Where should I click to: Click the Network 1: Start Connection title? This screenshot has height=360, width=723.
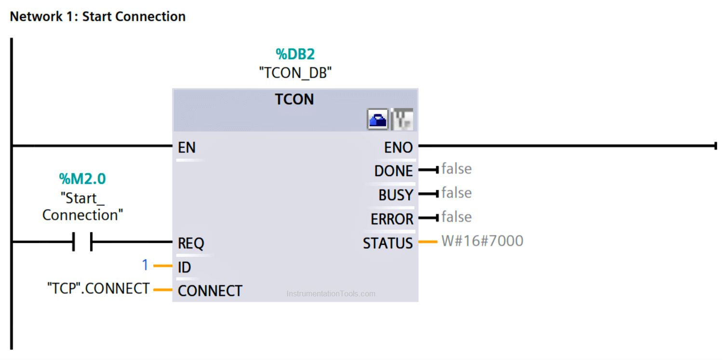tap(98, 16)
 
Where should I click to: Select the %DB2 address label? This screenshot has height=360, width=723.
tap(295, 54)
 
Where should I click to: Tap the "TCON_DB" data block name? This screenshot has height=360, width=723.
tap(295, 73)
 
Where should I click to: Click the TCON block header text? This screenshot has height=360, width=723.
tap(295, 99)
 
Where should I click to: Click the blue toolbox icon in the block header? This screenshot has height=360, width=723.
tap(377, 120)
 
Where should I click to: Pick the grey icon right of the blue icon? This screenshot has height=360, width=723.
tap(402, 120)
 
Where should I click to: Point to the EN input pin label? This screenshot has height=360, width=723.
tap(187, 147)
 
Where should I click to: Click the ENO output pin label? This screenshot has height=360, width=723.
tap(398, 147)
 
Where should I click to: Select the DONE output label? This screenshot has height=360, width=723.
tap(393, 171)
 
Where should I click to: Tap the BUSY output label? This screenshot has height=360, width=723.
tap(396, 195)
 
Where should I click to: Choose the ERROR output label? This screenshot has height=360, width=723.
tap(392, 219)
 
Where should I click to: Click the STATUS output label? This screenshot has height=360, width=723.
tap(388, 243)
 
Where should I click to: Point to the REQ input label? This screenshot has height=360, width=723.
tap(191, 243)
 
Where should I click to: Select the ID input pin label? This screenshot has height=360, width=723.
tap(184, 267)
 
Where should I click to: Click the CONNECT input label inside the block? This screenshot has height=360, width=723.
tap(210, 291)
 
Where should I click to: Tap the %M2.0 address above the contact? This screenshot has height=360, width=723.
tap(82, 178)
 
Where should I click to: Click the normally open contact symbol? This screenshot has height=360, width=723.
tap(82, 241)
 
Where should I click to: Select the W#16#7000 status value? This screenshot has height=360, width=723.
tap(482, 240)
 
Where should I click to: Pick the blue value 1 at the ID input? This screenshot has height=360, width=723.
tap(145, 265)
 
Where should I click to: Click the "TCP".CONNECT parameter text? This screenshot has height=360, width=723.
tap(98, 288)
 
